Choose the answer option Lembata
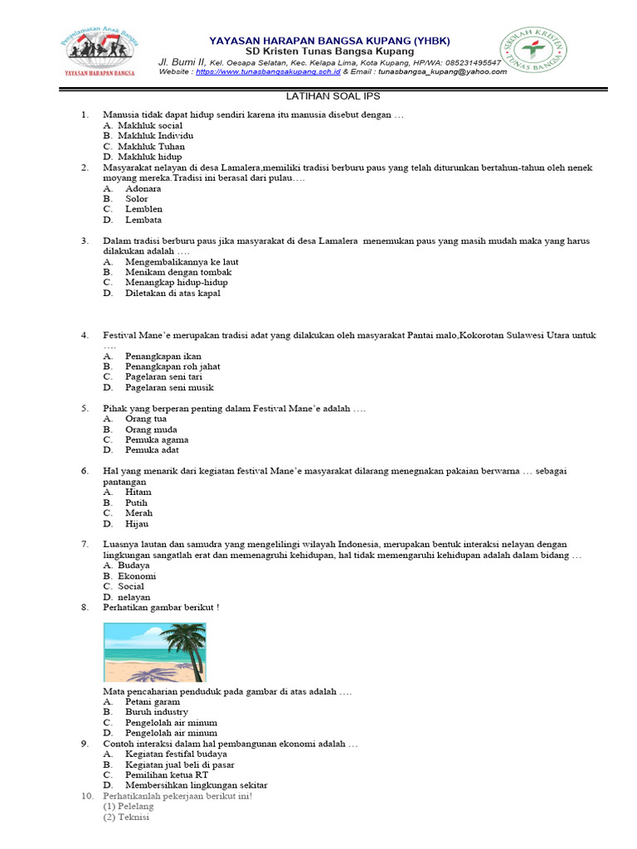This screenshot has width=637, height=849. click(143, 220)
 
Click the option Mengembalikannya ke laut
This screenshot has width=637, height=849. click(182, 261)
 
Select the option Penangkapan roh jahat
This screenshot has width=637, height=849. click(173, 366)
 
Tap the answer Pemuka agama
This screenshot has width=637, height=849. click(157, 439)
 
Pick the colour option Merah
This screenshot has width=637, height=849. click(139, 513)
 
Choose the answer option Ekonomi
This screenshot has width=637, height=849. click(137, 575)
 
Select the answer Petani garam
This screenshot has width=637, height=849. click(153, 701)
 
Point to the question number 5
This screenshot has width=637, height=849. click(85, 409)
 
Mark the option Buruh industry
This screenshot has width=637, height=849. click(157, 711)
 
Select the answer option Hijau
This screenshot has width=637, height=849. click(137, 523)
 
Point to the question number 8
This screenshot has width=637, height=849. click(85, 607)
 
